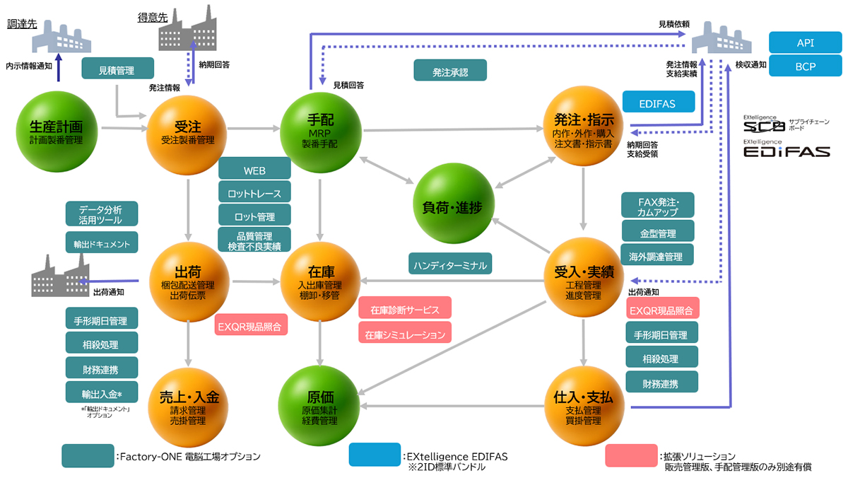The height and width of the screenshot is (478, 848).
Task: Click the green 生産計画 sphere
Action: coord(56,130)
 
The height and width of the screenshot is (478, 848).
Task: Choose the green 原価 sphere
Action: coord(319,404)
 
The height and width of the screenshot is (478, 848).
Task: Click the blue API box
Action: coord(805,43)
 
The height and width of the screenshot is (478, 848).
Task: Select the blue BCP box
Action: coord(805,67)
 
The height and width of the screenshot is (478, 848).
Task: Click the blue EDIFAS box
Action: coord(659,103)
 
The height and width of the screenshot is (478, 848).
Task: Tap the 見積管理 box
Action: coord(117,69)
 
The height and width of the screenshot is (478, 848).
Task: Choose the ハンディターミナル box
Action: coord(450,264)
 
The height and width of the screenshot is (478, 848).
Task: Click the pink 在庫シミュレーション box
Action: coord(404,333)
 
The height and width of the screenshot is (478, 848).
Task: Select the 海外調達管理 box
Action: coord(656,254)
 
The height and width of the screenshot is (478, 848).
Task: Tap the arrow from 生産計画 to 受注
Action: coord(123,129)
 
